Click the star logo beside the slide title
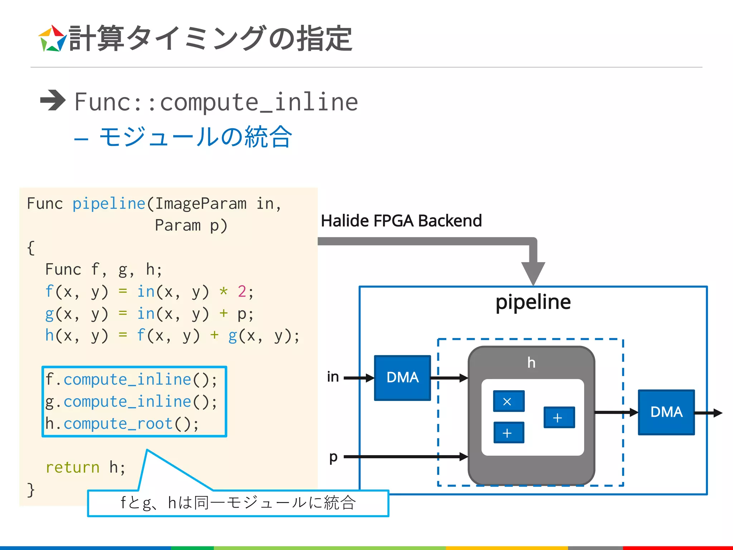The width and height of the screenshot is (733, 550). pos(52,39)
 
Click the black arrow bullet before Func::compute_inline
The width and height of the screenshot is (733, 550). pos(53,100)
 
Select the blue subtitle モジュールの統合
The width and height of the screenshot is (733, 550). pos(195,137)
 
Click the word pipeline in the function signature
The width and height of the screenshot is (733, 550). pos(109,204)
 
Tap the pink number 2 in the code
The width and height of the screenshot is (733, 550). pos(242,291)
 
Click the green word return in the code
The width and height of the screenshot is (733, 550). pos(73,467)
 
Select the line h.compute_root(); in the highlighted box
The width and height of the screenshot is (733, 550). pos(122,424)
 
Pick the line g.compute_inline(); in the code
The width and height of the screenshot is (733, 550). pos(131,401)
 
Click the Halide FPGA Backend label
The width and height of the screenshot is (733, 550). pos(401,221)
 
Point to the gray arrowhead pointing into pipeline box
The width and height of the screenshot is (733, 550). pos(533,273)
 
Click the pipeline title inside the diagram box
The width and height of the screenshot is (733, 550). pos(533,301)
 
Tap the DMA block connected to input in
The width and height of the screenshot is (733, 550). pos(402,377)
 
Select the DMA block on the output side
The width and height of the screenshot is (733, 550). pos(666,412)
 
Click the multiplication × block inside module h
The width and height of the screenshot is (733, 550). pos(508,401)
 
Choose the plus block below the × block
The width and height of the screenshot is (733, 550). pos(508,433)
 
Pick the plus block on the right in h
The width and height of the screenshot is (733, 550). pos(559,417)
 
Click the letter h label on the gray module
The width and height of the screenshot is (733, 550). pos(531,363)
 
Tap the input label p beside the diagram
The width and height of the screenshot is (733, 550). pos(333,457)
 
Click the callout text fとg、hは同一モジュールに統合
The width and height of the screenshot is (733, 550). pos(238,503)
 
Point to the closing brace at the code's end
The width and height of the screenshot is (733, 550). pos(31,489)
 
